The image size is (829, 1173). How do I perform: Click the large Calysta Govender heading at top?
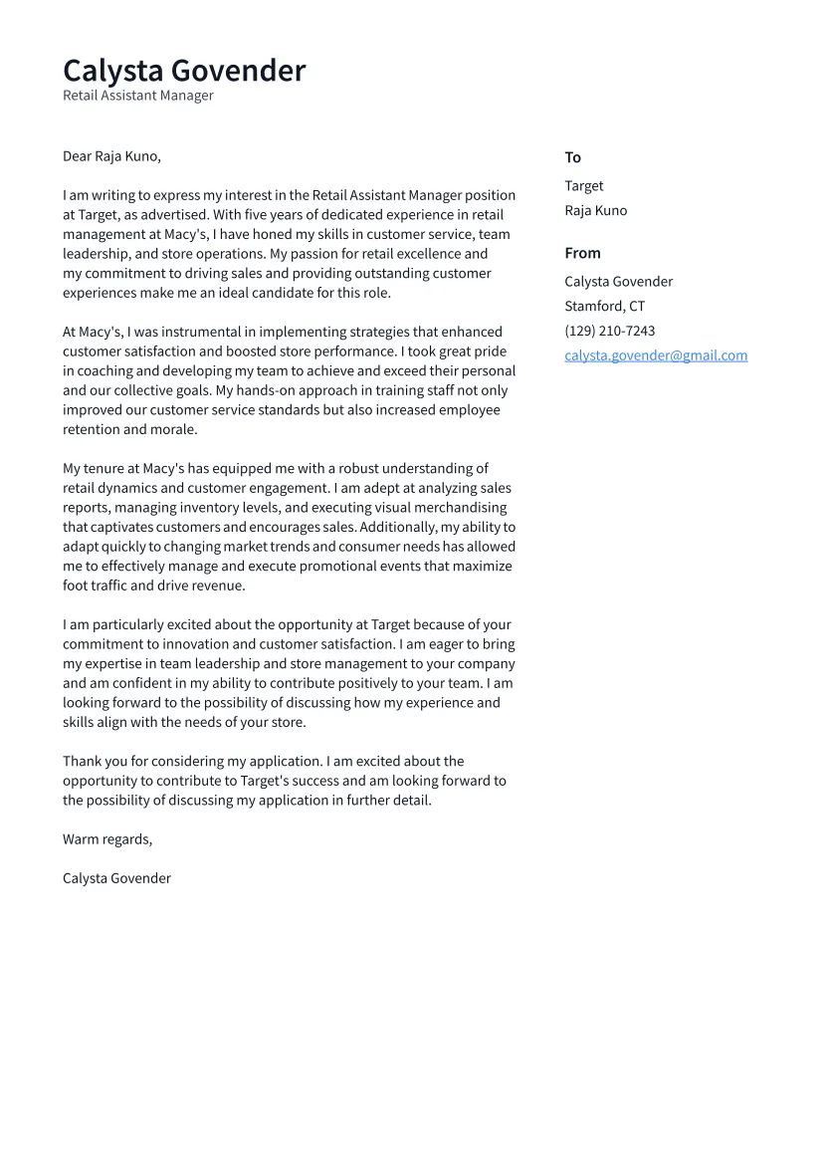[x=184, y=71]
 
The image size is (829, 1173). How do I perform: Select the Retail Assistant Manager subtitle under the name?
[x=138, y=97]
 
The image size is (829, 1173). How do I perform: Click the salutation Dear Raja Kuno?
[x=111, y=156]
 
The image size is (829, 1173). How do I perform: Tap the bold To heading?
[x=572, y=157]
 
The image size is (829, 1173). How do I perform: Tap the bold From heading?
[x=582, y=253]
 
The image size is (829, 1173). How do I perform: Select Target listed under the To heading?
[x=583, y=186]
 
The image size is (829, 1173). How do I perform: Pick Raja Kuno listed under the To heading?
[x=595, y=211]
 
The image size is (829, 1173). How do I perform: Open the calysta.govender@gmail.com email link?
[x=656, y=355]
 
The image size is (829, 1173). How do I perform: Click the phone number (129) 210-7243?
[x=609, y=331]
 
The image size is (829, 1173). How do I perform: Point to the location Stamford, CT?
[x=604, y=307]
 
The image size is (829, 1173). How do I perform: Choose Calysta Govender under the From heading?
[x=618, y=282]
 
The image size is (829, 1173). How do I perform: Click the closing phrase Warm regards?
[x=107, y=839]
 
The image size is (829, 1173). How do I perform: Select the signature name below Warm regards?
[x=116, y=878]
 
